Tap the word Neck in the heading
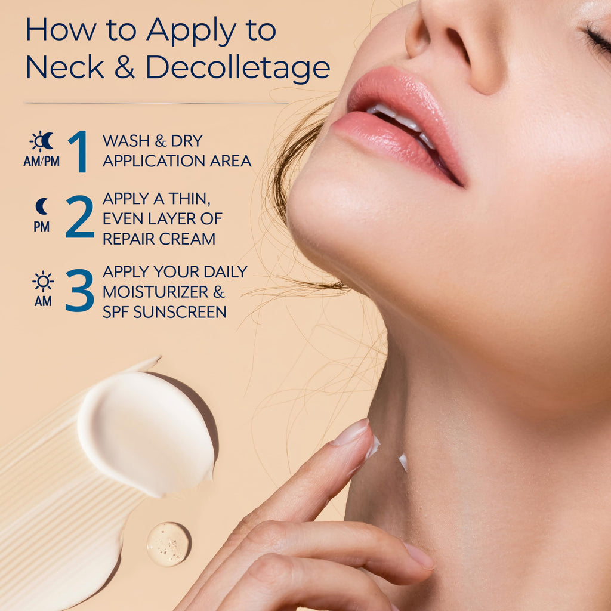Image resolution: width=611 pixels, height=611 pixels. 65,67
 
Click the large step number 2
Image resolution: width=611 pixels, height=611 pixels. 80,217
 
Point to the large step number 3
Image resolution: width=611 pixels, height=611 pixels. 80,291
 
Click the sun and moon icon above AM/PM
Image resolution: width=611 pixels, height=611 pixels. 42,141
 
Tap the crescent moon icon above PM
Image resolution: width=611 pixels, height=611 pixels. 42,206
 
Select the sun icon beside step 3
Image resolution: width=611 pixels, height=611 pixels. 43,281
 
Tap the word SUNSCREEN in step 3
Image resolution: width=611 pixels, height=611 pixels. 180,312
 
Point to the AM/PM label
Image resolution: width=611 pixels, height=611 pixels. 41,161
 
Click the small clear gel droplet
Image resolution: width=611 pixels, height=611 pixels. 168,544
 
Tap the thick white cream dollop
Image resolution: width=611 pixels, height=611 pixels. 146,433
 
